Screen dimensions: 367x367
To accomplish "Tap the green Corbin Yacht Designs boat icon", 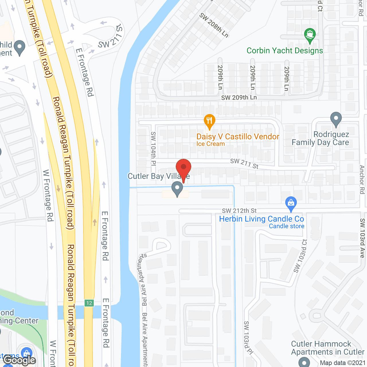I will pyautogui.click(x=310, y=35).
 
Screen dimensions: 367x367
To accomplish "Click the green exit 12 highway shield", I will pyautogui.click(x=89, y=303).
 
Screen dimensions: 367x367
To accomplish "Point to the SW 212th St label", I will pyautogui.click(x=239, y=211).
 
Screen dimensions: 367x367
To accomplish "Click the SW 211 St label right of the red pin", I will pyautogui.click(x=244, y=164).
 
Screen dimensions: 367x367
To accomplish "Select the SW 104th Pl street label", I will pyautogui.click(x=153, y=149).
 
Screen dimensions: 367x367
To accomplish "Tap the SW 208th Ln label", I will pyautogui.click(x=214, y=25).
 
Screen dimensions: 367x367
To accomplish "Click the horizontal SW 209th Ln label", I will pyautogui.click(x=239, y=97).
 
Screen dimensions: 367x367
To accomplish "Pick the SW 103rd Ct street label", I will pyautogui.click(x=300, y=256).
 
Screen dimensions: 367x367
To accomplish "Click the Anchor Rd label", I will pyautogui.click(x=362, y=179).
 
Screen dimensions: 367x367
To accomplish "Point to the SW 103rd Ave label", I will pyautogui.click(x=362, y=238).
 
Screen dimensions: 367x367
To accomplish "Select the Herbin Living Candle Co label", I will pyautogui.click(x=261, y=219).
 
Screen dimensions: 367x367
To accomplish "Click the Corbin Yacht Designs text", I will pyautogui.click(x=285, y=51).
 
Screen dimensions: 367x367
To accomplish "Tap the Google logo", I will pyautogui.click(x=19, y=360).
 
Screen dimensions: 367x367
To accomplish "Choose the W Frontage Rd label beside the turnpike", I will pyautogui.click(x=48, y=196).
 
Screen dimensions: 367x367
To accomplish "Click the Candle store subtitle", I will pyautogui.click(x=286, y=226).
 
